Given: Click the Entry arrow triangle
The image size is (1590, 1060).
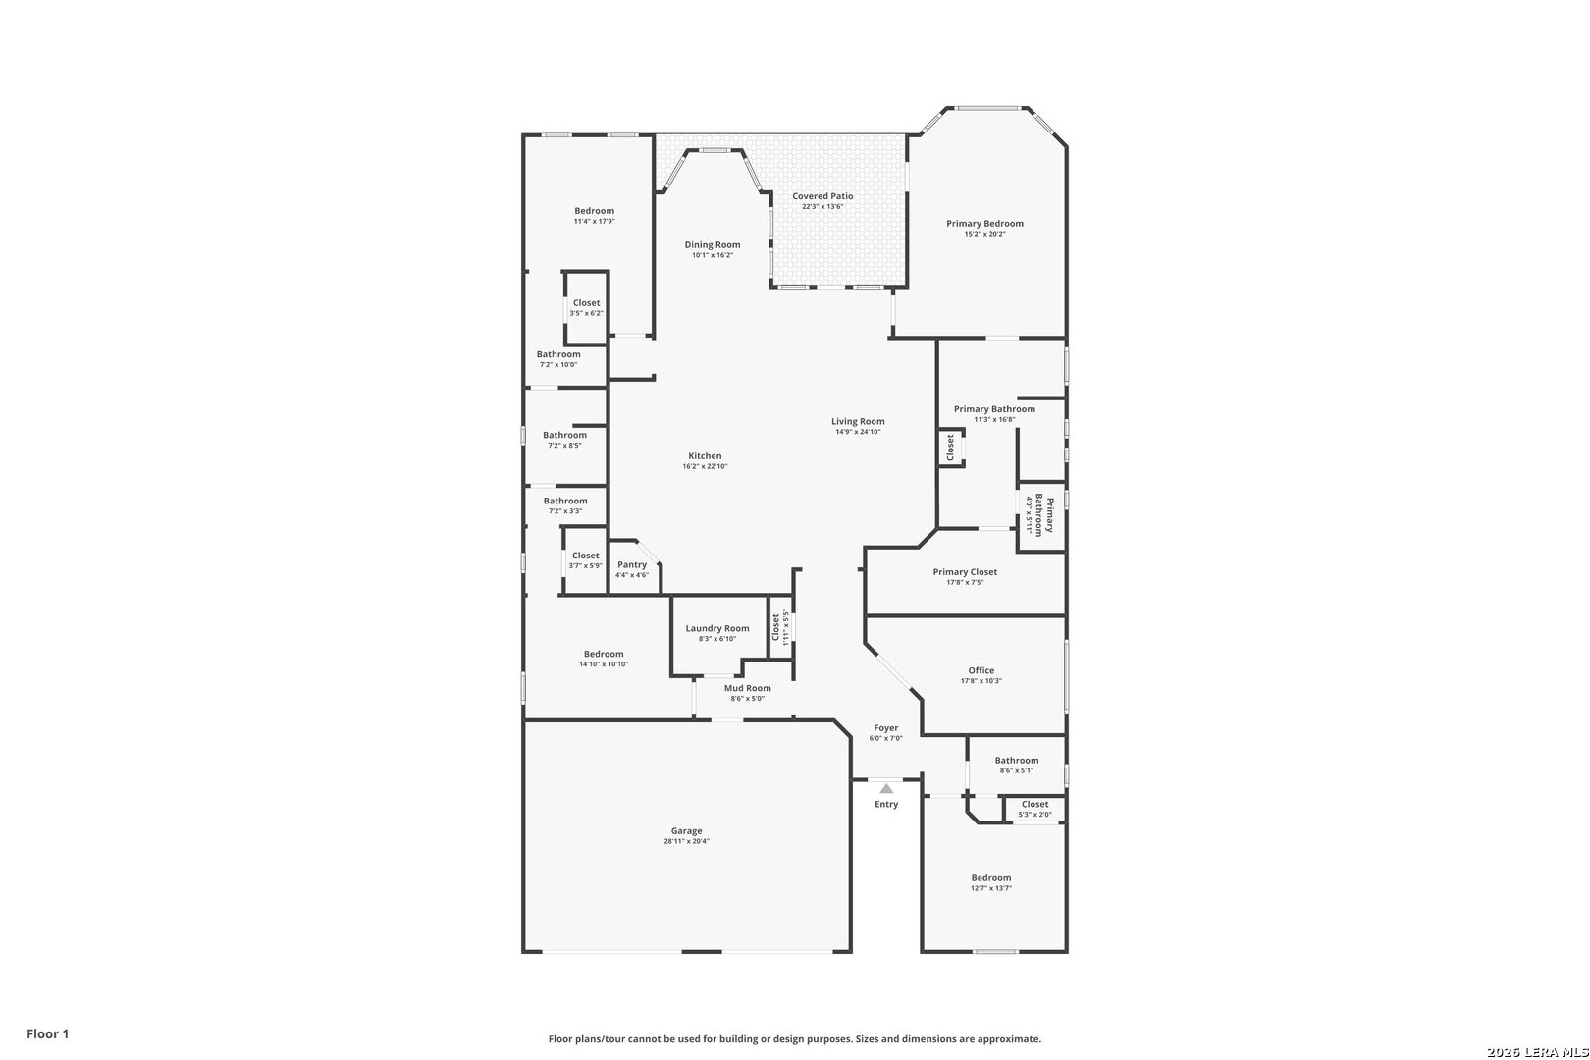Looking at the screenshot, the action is pyautogui.click(x=886, y=788).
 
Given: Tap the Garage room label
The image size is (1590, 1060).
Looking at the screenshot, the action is pyautogui.click(x=686, y=830).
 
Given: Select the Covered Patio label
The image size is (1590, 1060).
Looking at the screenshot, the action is pyautogui.click(x=822, y=196).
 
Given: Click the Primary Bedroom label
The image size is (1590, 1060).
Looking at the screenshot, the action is pyautogui.click(x=984, y=223).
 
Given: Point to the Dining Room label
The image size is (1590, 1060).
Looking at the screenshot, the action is pyautogui.click(x=712, y=244).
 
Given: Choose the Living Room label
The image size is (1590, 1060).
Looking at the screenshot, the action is pyautogui.click(x=858, y=421).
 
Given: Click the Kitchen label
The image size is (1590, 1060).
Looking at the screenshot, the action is pyautogui.click(x=705, y=455).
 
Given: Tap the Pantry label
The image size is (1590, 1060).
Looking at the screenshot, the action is pyautogui.click(x=632, y=564).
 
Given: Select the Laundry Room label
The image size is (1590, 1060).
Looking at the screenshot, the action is pyautogui.click(x=716, y=628).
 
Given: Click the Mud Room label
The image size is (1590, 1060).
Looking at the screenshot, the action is pyautogui.click(x=748, y=688).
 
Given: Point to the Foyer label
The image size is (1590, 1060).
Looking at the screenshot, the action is pyautogui.click(x=886, y=727).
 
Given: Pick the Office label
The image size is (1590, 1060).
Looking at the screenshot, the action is pyautogui.click(x=980, y=670).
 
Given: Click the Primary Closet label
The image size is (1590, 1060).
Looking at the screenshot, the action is pyautogui.click(x=965, y=571).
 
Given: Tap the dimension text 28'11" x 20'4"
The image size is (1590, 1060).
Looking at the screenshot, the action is pyautogui.click(x=686, y=841).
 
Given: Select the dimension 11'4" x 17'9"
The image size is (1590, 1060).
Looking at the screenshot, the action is pyautogui.click(x=594, y=221).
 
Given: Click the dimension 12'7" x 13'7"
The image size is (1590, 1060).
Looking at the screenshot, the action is pyautogui.click(x=991, y=888).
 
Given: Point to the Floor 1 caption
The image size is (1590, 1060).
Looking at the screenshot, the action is pyautogui.click(x=47, y=1033).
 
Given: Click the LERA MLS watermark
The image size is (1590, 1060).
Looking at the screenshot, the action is pyautogui.click(x=1537, y=1052).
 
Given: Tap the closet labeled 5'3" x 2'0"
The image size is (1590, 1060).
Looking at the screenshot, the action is pyautogui.click(x=1034, y=810).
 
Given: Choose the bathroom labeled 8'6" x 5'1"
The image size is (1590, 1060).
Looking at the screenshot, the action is pyautogui.click(x=1017, y=765).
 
